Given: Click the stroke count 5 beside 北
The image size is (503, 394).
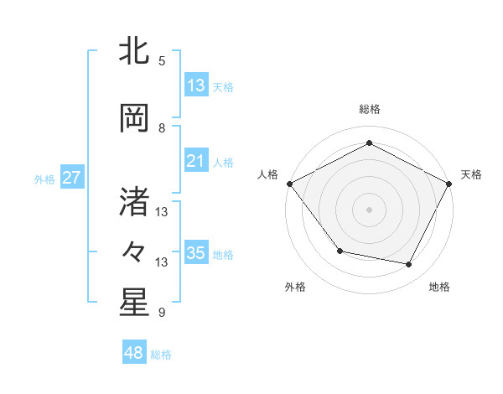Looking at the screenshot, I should point(162,61).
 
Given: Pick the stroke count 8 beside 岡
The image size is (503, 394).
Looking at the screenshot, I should point(162,128).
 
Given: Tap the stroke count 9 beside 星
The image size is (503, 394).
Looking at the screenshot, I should point(162,313).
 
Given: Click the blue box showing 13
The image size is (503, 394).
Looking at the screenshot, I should point(196,86).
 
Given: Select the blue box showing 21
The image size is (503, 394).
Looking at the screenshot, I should point(196,161).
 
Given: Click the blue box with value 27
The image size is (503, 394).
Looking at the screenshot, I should point(71,178).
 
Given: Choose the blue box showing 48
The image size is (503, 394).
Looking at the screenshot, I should point(134,353).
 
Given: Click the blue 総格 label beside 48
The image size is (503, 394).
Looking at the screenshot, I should point(161,355).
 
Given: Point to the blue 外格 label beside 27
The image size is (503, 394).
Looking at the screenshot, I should point(44,179).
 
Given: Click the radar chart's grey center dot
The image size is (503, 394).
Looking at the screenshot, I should point(369,209).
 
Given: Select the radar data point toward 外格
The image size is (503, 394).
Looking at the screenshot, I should point(340,251).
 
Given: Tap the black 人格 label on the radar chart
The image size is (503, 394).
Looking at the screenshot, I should point(268,174).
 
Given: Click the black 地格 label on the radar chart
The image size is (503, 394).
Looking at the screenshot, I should point(439,288).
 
